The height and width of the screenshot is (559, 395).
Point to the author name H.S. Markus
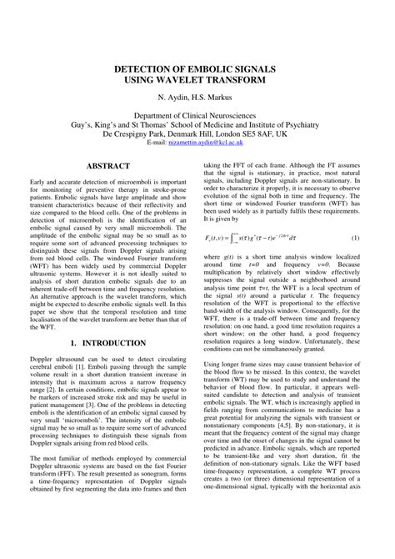[x=219, y=98]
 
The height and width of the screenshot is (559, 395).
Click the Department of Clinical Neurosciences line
[x=197, y=117]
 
